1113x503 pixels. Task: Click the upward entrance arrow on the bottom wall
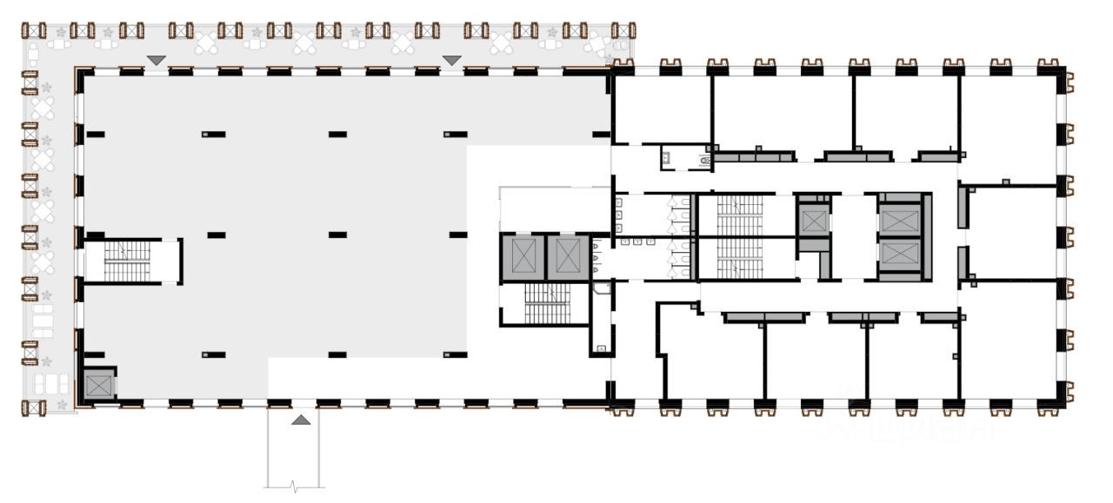click(300, 420)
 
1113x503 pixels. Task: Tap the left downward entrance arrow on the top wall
click(156, 60)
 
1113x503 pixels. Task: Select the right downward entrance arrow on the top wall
click(452, 60)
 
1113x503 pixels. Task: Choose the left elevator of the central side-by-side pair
click(522, 257)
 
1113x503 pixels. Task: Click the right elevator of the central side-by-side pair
click(568, 257)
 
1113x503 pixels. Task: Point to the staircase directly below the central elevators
click(547, 303)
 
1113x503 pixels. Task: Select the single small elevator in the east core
click(814, 220)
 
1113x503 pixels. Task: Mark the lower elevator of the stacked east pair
click(898, 255)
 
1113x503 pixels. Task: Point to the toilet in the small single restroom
click(705, 159)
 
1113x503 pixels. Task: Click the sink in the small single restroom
click(666, 157)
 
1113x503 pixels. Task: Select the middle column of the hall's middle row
click(337, 235)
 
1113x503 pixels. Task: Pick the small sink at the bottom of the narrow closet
click(601, 349)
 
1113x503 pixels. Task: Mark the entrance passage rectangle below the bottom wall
click(293, 447)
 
